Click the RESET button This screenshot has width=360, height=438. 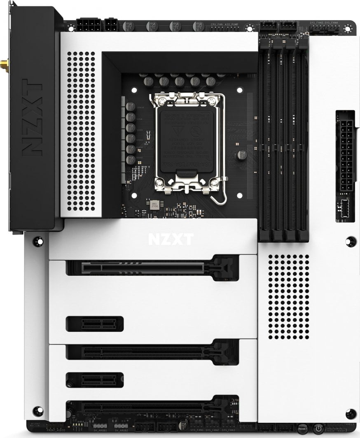[303, 429]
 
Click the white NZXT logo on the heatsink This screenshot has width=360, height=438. [170, 239]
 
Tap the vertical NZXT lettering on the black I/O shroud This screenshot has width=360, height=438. [32, 117]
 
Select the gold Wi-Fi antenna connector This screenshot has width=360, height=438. [4, 64]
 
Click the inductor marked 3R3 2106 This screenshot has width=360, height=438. [154, 205]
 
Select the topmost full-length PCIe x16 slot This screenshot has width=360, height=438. [152, 268]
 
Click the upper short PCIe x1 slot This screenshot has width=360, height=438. [95, 324]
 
